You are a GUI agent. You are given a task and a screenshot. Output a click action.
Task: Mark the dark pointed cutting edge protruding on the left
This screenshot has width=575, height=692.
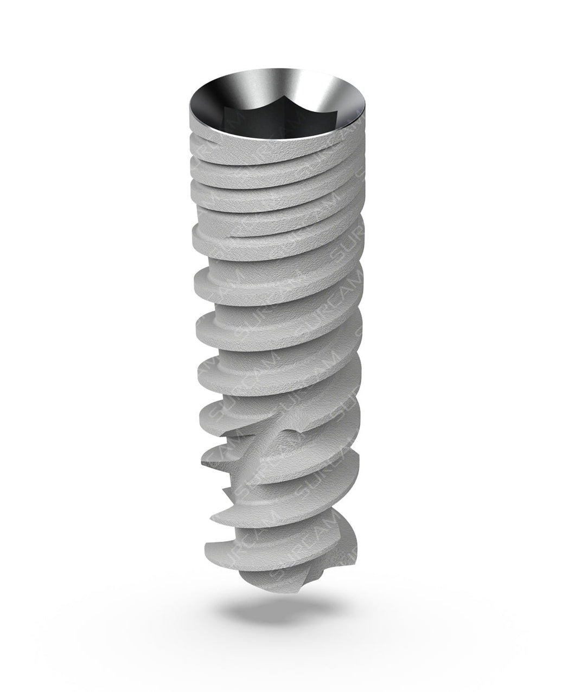tap(203, 464)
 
